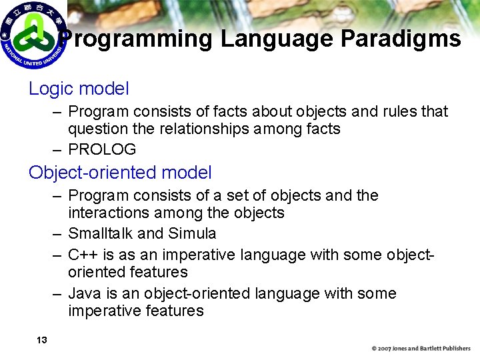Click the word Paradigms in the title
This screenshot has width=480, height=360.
coord(400,39)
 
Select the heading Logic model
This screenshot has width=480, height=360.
coord(79,89)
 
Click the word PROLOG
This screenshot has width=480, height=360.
coord(102,149)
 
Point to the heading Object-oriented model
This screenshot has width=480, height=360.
coord(120,173)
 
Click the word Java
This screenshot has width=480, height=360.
coord(83,293)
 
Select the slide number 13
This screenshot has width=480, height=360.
coord(41,341)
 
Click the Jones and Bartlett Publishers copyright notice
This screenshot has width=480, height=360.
coord(421,349)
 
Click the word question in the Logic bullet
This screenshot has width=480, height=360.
coord(98,129)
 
